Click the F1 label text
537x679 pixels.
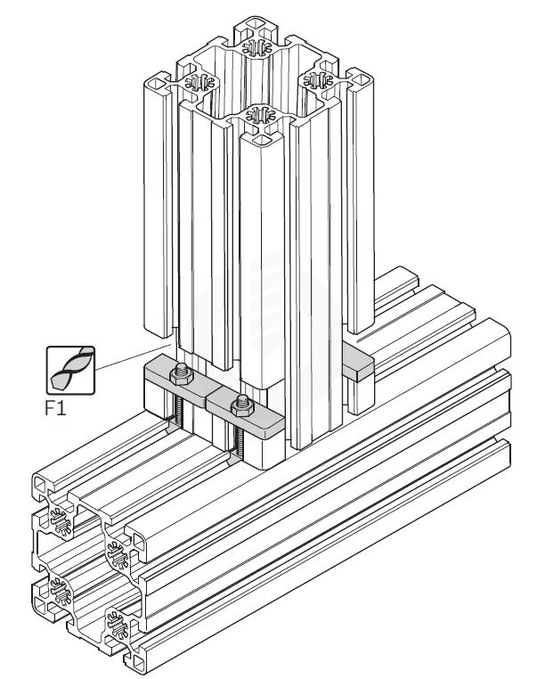tap(58, 410)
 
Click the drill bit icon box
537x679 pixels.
tap(69, 370)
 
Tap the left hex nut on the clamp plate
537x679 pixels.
tap(182, 372)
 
